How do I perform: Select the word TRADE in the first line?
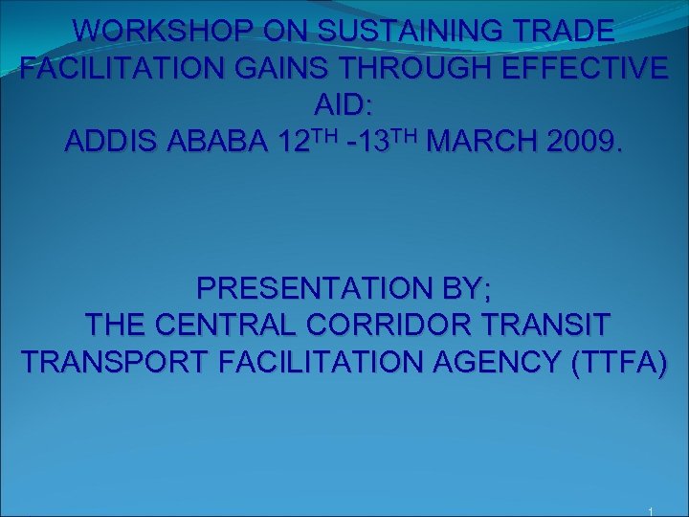coord(566,32)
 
